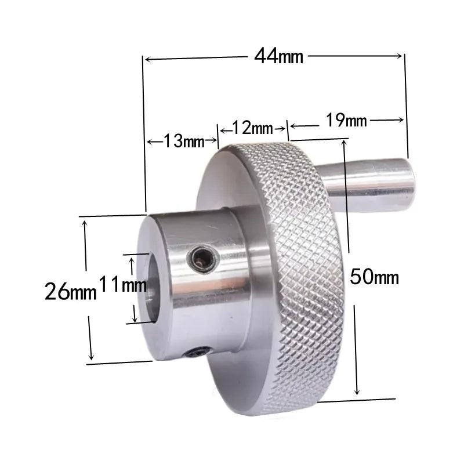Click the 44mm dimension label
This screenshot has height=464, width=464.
(278, 56)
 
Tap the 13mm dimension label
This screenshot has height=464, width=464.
(181, 141)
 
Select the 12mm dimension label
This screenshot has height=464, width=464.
(252, 127)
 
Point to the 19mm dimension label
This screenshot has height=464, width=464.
(346, 121)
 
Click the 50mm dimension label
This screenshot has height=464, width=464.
(375, 277)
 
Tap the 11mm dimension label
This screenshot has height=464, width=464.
(122, 285)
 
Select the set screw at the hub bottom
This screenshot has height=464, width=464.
(200, 352)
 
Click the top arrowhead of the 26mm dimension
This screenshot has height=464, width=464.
(86, 222)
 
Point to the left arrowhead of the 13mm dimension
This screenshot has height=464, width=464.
(149, 142)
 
